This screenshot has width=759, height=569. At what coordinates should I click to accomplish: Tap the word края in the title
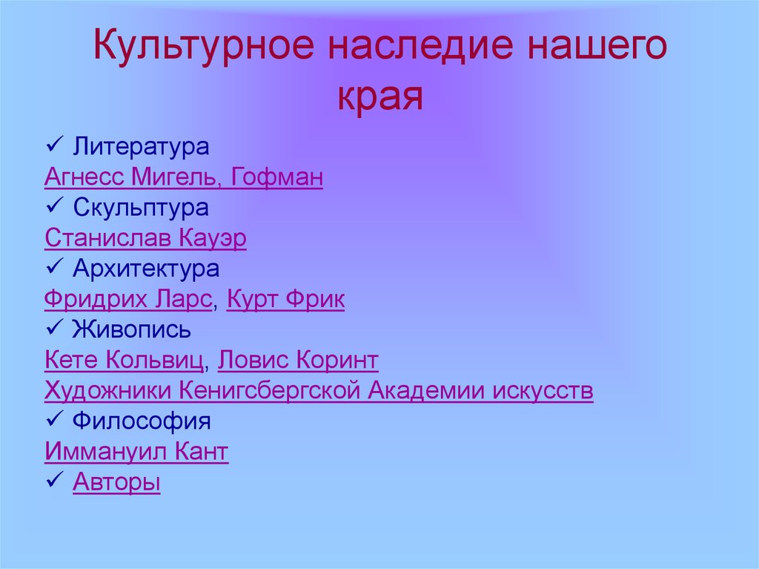pyautogui.click(x=380, y=97)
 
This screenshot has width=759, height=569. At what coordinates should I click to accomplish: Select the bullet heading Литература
pyautogui.click(x=141, y=147)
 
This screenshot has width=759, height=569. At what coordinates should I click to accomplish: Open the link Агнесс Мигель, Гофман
pyautogui.click(x=184, y=177)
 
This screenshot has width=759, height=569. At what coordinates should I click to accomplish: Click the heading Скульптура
pyautogui.click(x=141, y=208)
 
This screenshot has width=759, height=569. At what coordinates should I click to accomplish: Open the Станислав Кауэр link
pyautogui.click(x=145, y=238)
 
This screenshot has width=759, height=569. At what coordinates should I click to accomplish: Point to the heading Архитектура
pyautogui.click(x=146, y=269)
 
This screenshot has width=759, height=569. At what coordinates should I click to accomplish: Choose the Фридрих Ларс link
pyautogui.click(x=128, y=299)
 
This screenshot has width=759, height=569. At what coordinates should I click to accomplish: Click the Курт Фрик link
pyautogui.click(x=285, y=299)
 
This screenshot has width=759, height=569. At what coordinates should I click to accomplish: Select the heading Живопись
pyautogui.click(x=132, y=329)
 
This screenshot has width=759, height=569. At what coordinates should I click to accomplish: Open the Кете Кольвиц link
pyautogui.click(x=124, y=360)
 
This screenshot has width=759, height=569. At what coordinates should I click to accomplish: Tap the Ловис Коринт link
pyautogui.click(x=298, y=360)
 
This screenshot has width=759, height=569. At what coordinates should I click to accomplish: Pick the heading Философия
pyautogui.click(x=142, y=421)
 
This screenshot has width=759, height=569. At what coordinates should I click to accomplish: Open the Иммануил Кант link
pyautogui.click(x=136, y=452)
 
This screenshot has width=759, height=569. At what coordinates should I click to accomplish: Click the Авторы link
pyautogui.click(x=116, y=482)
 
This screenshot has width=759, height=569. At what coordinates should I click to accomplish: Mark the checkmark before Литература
pyautogui.click(x=54, y=145)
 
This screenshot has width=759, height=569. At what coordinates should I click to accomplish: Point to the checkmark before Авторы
pyautogui.click(x=54, y=480)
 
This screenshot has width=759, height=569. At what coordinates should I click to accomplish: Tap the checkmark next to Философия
pyautogui.click(x=54, y=419)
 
